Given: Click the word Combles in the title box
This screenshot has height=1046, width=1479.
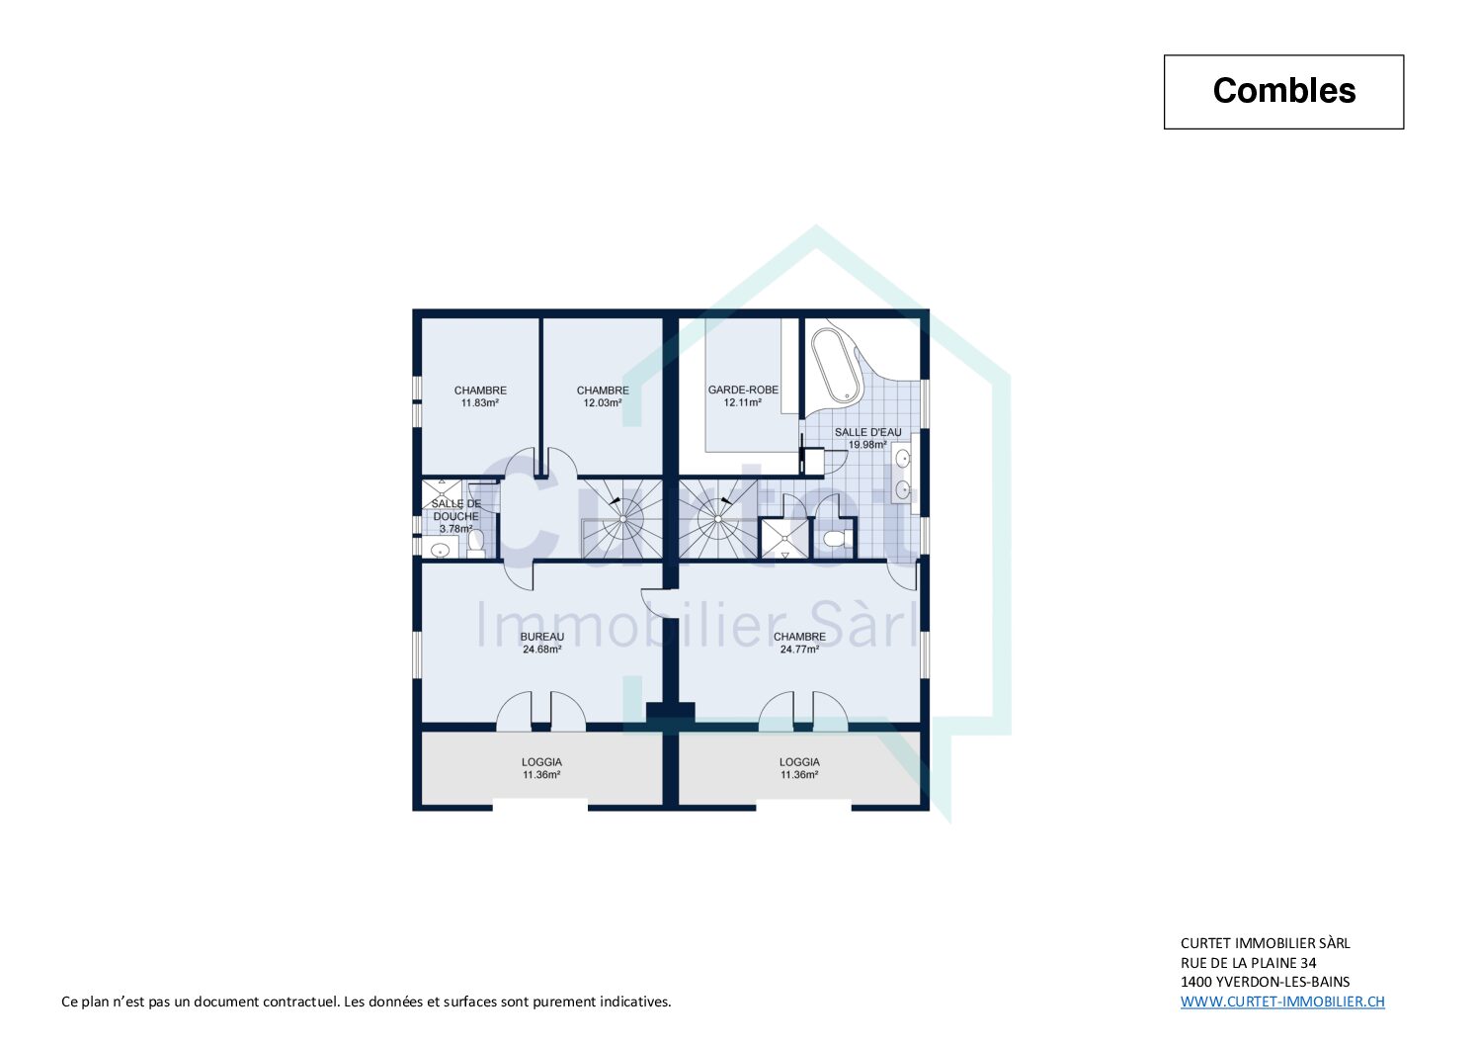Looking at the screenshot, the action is [x=1283, y=91].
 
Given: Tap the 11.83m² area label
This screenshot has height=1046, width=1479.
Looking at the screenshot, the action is [x=479, y=402].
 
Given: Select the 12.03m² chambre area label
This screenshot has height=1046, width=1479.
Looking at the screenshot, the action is [x=602, y=402].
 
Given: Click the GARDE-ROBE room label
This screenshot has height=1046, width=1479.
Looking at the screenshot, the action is [x=743, y=390].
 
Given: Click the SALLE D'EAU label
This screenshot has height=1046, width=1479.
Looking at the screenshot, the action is [x=867, y=432].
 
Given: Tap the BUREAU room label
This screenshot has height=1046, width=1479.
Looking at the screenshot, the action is [x=542, y=637].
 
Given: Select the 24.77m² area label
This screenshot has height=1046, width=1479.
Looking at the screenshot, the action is [x=799, y=650].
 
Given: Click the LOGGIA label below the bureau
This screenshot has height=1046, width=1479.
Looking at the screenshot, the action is [x=541, y=762].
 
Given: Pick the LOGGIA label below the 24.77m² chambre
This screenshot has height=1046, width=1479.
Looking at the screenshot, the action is [x=799, y=762].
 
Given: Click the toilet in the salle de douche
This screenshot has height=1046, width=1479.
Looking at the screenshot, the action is [x=476, y=543].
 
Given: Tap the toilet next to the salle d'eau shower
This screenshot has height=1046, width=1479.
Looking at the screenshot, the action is [x=838, y=538].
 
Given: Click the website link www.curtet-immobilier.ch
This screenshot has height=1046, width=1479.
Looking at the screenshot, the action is [x=1282, y=1002].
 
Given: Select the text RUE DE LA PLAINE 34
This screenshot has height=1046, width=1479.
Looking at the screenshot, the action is [x=1249, y=963].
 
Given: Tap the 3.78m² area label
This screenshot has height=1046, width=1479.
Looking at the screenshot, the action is [x=455, y=529].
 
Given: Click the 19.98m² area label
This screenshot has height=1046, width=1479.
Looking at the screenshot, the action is [x=867, y=445].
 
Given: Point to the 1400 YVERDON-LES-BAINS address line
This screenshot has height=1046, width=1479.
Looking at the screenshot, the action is [x=1265, y=982].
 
